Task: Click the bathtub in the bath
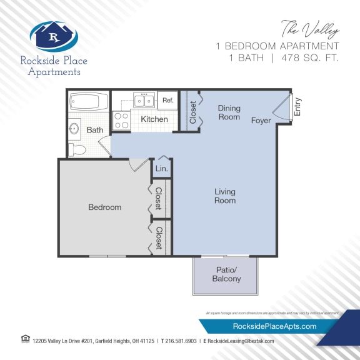point(89,101)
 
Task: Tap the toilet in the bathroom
point(77,149)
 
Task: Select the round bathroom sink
point(74,129)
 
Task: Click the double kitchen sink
point(145,101)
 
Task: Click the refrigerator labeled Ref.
point(168,100)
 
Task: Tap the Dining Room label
point(229,112)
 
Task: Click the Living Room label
point(225,196)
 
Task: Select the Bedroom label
point(104,207)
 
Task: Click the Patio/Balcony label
point(226,275)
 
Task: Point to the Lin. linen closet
point(161,169)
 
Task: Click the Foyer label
point(261,120)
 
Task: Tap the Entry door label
point(297,107)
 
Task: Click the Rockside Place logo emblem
point(54,36)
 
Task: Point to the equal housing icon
point(25,339)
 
